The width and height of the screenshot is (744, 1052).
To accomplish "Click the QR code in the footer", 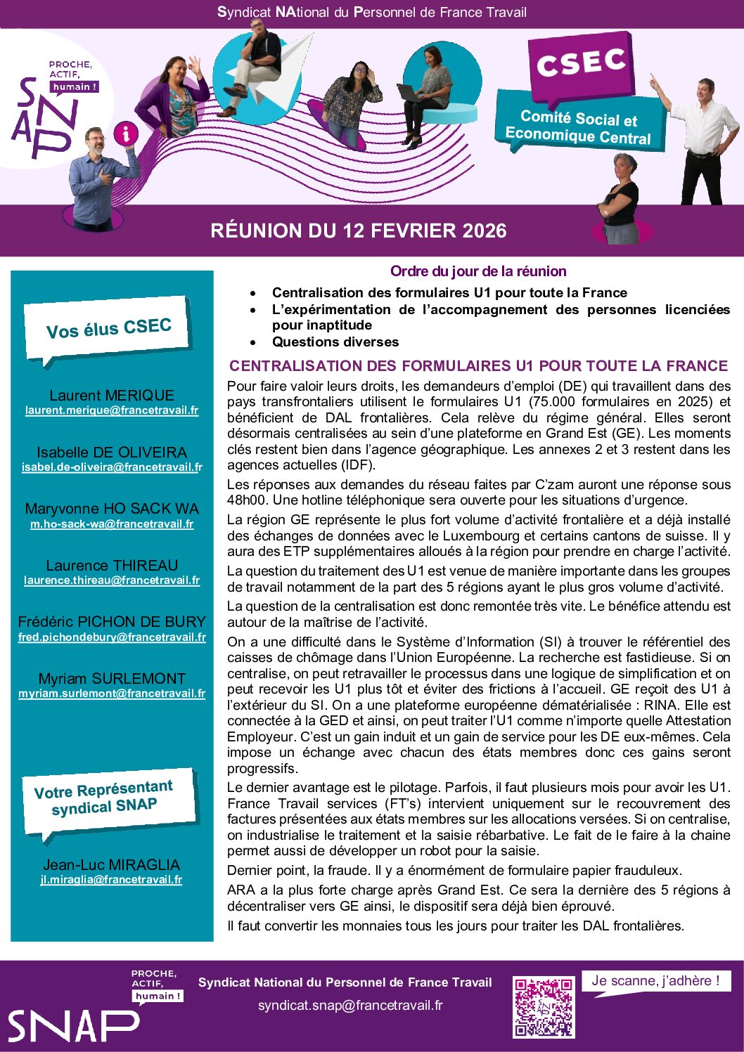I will point(543,1007).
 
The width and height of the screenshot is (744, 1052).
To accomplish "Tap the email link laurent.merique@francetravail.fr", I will point(112,410).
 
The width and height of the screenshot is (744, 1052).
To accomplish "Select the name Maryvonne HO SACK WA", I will point(112,509).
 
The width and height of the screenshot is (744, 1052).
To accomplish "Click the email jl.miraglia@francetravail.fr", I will point(111,880).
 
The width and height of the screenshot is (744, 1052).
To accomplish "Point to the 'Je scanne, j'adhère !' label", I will point(655,981).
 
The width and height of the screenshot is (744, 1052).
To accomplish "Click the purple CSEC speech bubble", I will point(582,65).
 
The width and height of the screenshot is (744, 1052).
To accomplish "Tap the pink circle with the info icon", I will point(127,133).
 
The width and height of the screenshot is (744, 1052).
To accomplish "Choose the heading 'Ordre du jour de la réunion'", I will point(478,271).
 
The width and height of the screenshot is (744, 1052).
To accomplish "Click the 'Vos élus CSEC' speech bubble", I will point(108,328).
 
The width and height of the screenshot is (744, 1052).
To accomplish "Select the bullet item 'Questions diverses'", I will point(335,342).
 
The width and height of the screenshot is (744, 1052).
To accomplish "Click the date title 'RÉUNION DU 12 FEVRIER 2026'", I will point(359,230).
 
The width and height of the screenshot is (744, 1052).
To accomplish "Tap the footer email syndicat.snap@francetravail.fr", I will point(350,1006).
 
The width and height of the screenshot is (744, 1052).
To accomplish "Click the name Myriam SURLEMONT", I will point(112,679).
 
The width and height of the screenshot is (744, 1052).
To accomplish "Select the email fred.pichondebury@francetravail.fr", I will point(112,637).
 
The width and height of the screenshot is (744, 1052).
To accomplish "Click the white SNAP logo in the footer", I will point(73,1026).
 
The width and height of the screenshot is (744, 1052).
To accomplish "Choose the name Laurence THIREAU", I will point(112,566).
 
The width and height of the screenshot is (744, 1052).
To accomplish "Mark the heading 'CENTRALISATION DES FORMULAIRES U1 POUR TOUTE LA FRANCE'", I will point(478,366).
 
